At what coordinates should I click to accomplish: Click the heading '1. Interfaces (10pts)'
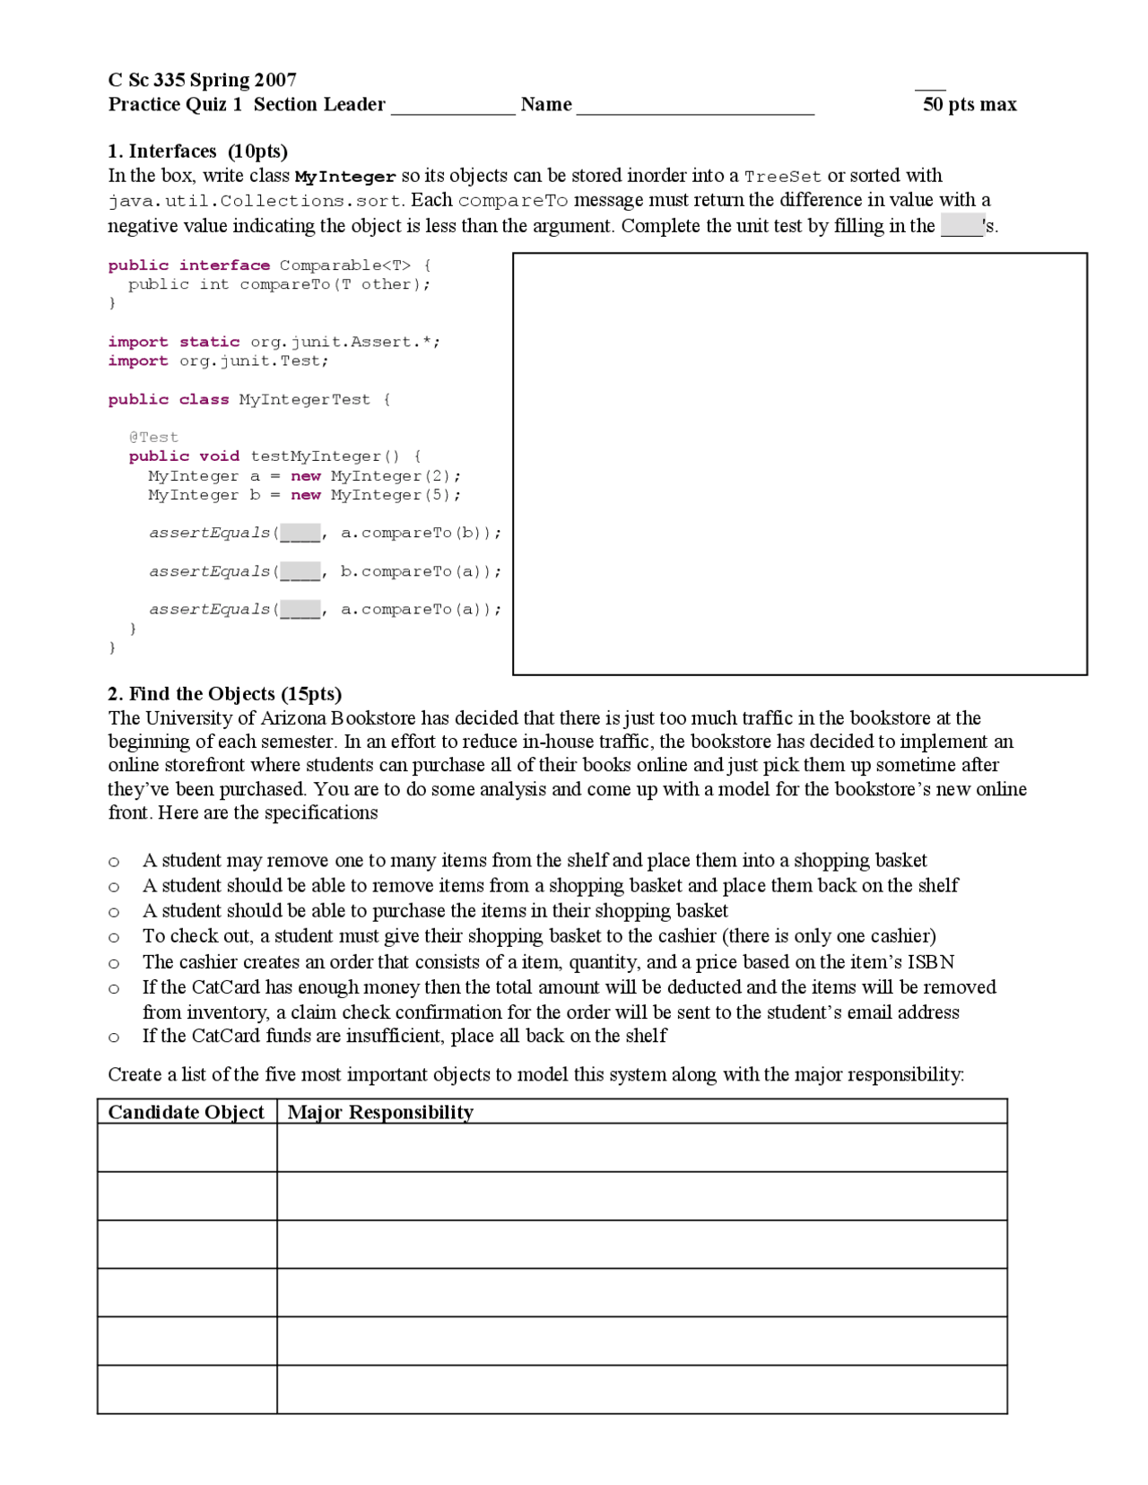point(197,151)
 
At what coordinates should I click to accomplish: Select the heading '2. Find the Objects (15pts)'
point(224,693)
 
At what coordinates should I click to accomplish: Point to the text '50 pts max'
point(970,104)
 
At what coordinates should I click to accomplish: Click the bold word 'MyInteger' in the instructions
point(345,177)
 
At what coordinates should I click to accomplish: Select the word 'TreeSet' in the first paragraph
point(782,177)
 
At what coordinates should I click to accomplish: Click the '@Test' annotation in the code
point(153,437)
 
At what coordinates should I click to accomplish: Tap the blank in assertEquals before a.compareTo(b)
point(300,534)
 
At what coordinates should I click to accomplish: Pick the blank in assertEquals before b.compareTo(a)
point(300,572)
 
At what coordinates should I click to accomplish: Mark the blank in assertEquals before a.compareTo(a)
point(300,610)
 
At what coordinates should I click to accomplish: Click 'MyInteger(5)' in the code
point(395,495)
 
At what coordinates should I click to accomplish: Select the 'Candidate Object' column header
point(186,1112)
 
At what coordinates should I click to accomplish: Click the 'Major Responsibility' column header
point(380,1112)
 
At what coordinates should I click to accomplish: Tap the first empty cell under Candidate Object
point(187,1147)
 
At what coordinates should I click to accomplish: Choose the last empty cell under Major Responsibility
point(641,1389)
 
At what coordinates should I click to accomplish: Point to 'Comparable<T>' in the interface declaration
point(345,265)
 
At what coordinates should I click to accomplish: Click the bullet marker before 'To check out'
point(114,938)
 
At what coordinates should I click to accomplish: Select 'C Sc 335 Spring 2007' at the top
point(202,80)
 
